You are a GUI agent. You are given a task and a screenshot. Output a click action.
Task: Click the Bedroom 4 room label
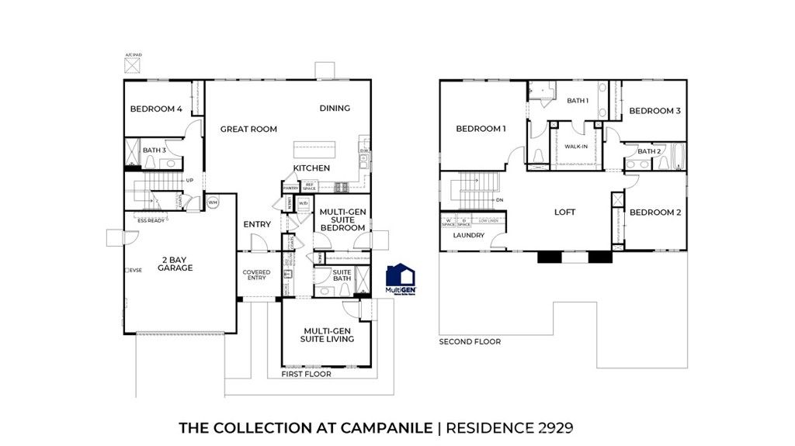[x=156, y=109]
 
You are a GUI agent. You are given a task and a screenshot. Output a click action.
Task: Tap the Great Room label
[x=248, y=130]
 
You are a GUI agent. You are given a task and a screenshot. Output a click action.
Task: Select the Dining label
[x=335, y=109]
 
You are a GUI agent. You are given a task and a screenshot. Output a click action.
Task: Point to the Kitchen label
[x=311, y=168]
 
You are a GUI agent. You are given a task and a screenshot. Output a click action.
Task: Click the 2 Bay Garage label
[x=177, y=264]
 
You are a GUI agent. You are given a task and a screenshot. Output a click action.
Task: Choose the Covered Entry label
[x=256, y=275]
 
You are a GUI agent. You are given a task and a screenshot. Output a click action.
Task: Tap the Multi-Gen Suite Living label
[x=328, y=334]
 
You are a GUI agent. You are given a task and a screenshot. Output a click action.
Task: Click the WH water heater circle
[x=213, y=202]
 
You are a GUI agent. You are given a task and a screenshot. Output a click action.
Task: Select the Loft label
[x=564, y=213]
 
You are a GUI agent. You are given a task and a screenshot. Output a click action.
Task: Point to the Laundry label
[x=469, y=236]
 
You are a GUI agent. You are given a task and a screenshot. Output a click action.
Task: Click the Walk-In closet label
[x=575, y=146]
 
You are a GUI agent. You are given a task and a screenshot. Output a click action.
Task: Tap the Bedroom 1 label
[x=481, y=129]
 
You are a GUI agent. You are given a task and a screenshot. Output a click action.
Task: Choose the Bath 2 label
[x=649, y=152]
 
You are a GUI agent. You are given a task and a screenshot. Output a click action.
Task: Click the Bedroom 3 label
[x=654, y=111]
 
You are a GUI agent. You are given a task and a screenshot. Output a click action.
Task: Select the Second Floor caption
[x=470, y=341]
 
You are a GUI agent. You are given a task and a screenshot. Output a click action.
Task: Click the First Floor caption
[x=307, y=374]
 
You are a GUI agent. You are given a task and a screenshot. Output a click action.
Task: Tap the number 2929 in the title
[x=552, y=427]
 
